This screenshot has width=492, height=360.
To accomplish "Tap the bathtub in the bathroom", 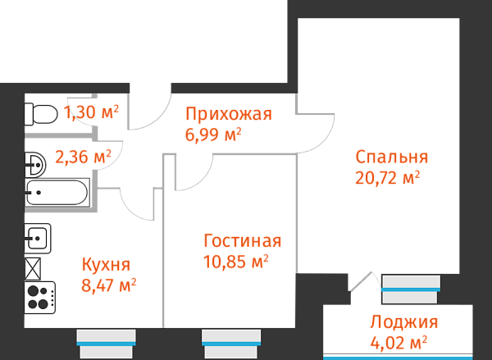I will [57, 194].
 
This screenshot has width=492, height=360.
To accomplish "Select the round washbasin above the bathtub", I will [34, 164].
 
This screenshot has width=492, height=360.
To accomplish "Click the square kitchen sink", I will [38, 238].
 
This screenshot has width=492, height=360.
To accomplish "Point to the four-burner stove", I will [39, 295].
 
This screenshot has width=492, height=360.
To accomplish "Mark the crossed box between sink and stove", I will [34, 267].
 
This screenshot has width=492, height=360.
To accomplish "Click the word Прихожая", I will [228, 114].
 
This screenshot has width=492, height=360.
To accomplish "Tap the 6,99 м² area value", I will [213, 134].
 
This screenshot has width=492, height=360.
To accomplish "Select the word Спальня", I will [391, 157].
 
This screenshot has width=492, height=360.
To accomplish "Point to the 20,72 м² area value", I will [387, 176].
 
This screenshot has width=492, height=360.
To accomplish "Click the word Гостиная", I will [242, 241].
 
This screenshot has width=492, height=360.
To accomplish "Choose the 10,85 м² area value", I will [235, 262].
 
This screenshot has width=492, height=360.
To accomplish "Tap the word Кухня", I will [106, 264].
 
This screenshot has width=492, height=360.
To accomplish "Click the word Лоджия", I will [403, 321].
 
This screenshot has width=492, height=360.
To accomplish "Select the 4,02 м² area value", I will [399, 341].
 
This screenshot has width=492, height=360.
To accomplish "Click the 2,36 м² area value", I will [83, 155].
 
